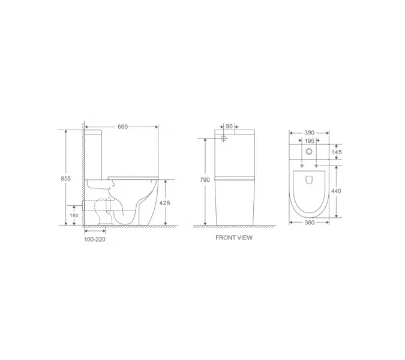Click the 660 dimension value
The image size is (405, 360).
(x=122, y=127)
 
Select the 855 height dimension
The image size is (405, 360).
(x=67, y=178)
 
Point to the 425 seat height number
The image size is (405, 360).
(x=165, y=203)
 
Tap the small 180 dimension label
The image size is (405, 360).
(x=74, y=215)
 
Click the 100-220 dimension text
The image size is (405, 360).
(x=95, y=238)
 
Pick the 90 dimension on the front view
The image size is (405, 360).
(x=229, y=127)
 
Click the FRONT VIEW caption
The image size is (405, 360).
(x=234, y=238)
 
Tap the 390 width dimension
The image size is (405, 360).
(x=309, y=132)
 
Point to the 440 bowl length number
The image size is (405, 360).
(x=337, y=190)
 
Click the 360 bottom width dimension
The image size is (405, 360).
(x=309, y=223)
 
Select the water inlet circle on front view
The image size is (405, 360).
(x=224, y=139)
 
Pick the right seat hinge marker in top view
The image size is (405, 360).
(x=316, y=164)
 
